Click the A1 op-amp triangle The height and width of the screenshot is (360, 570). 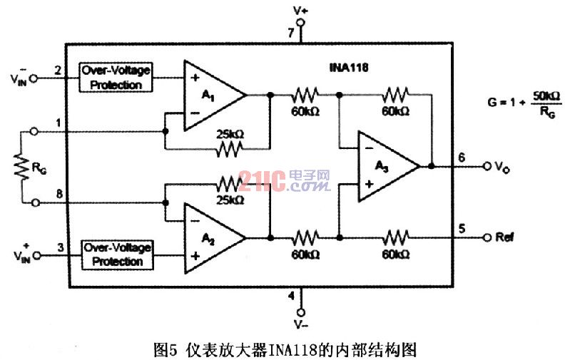point(210,95)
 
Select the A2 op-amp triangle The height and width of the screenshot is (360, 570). point(210,236)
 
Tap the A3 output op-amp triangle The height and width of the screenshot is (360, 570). point(385,166)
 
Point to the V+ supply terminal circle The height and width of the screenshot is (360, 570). point(300,24)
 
